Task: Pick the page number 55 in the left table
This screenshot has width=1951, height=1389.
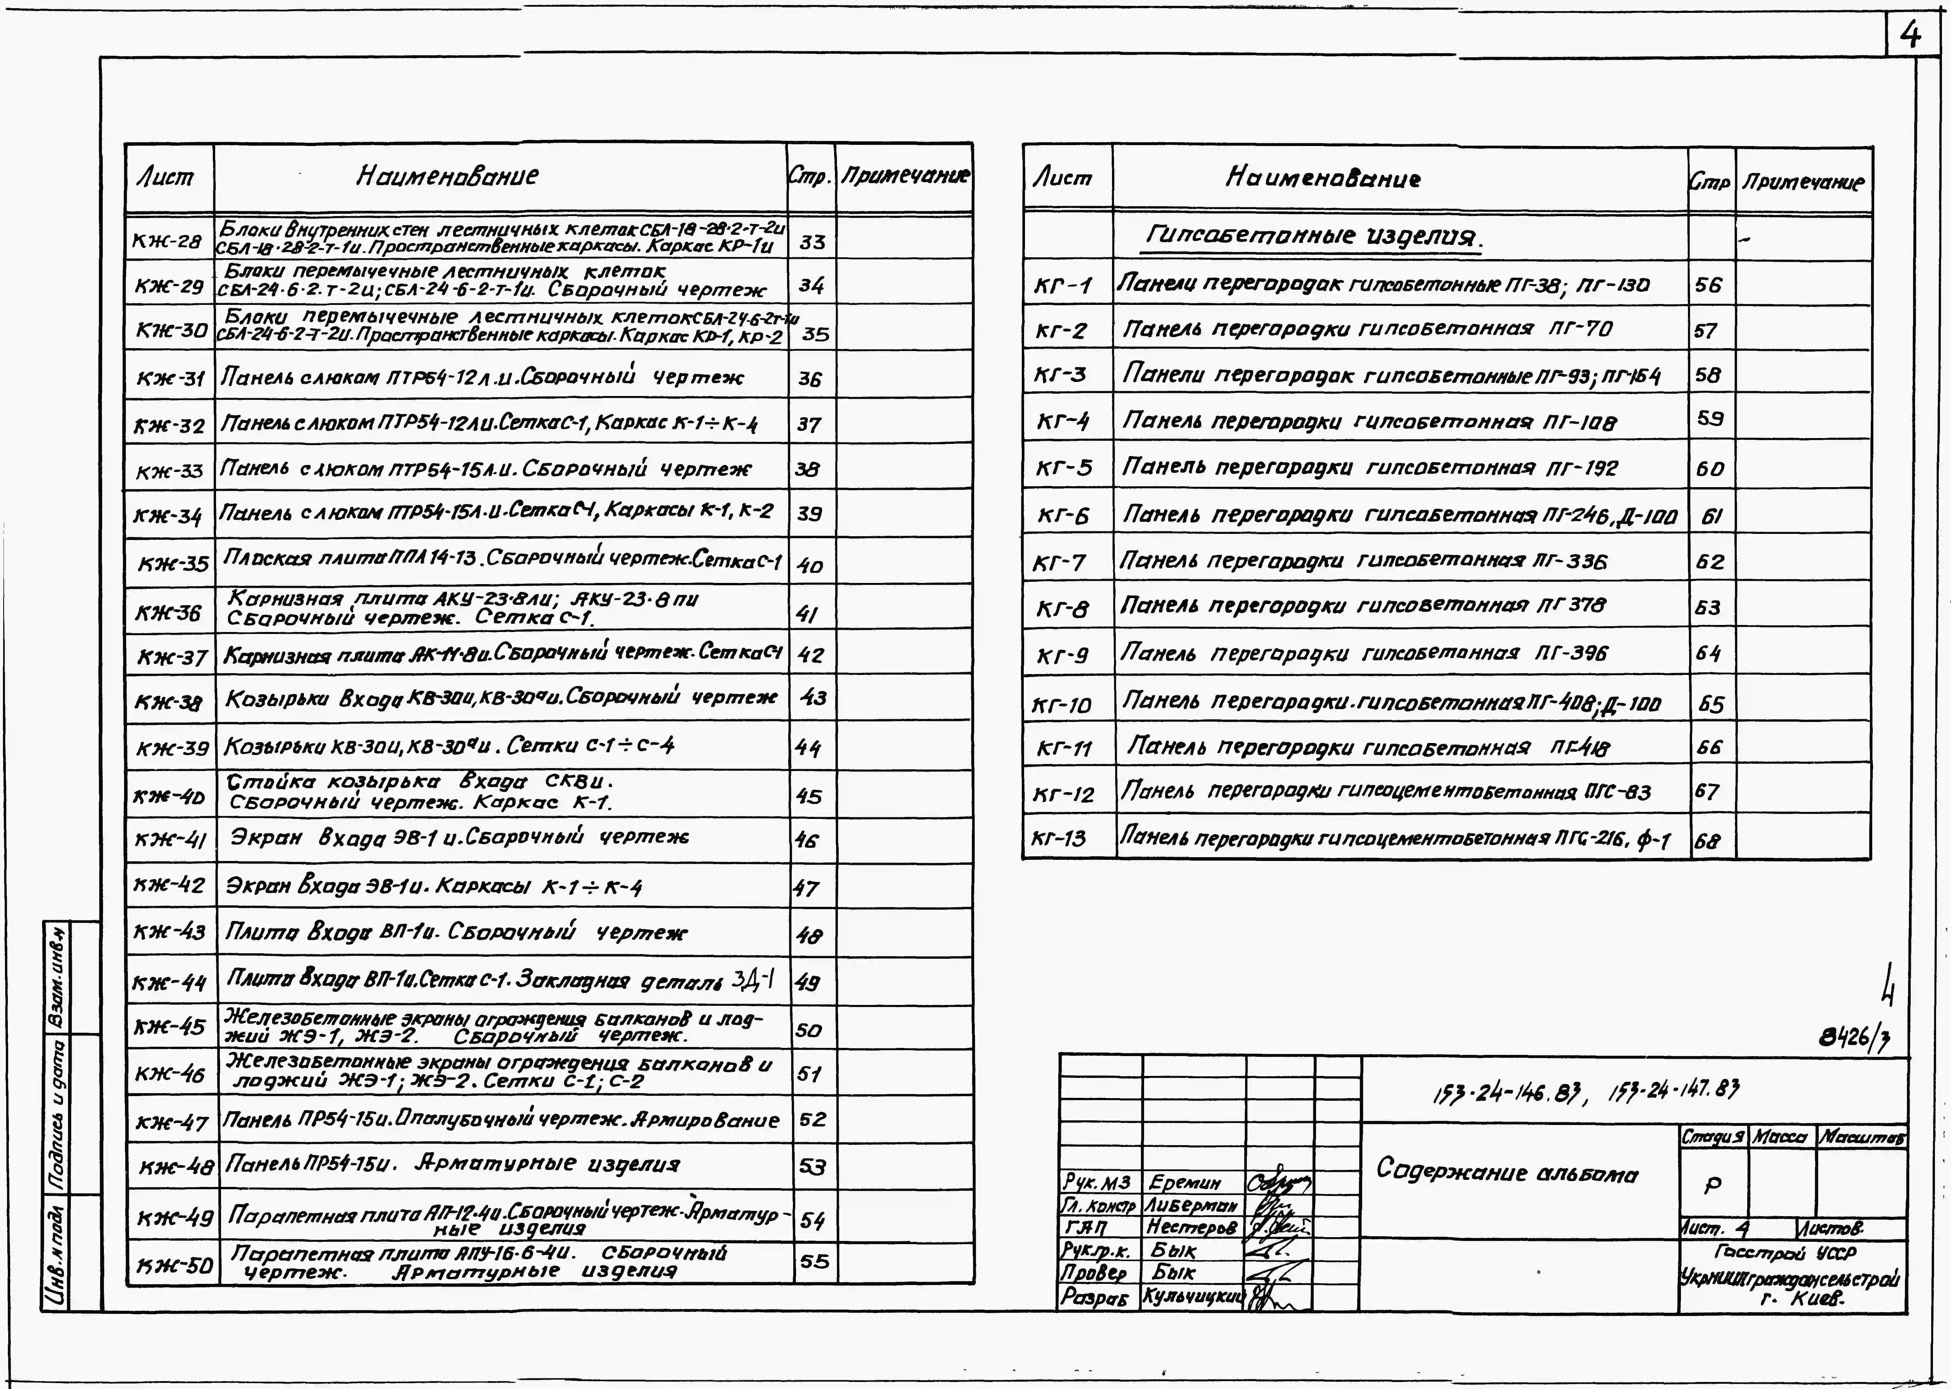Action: pos(815,1261)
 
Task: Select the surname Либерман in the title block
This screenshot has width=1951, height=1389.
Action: pos(1191,1205)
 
